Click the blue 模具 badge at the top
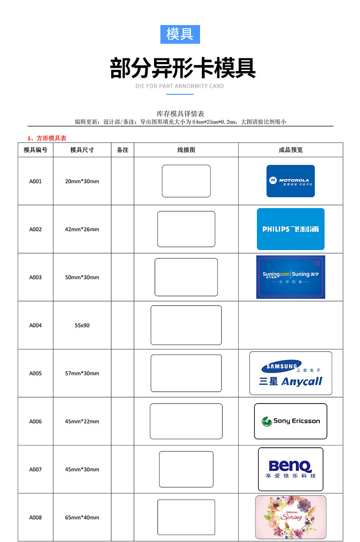180,34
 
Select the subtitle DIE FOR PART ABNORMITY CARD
180,86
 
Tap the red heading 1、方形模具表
47,138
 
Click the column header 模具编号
36,150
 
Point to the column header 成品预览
290,150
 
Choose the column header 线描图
186,150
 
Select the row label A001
36,181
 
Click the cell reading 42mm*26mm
82,230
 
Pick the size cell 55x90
82,325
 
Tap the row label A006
36,421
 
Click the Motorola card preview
290,181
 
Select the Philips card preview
290,229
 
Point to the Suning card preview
290,277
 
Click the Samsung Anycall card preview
290,373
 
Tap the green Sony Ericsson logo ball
267,421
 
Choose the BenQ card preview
290,469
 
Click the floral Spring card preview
290,517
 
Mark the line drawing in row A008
186,517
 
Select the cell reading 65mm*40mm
82,517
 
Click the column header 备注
123,150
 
